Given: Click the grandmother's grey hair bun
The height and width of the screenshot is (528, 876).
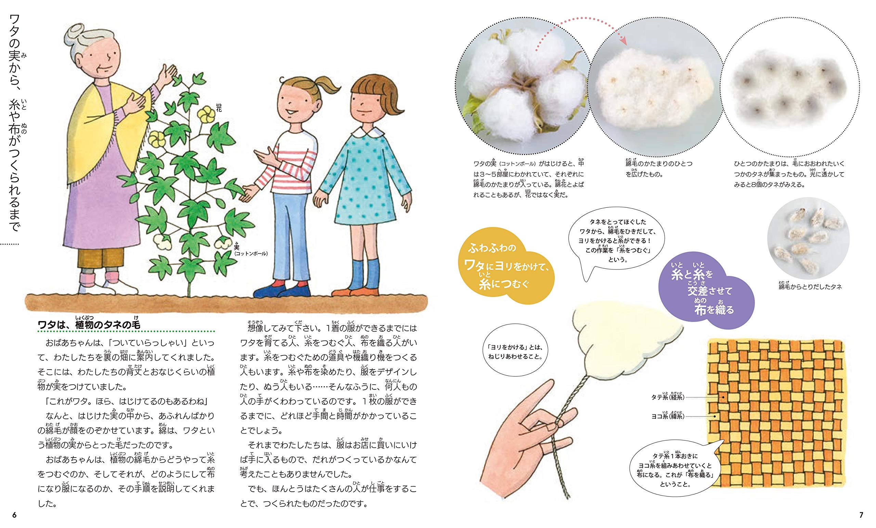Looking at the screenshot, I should [x=74, y=32].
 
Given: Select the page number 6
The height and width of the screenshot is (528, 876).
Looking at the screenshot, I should [x=14, y=515].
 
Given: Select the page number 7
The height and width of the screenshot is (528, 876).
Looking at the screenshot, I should [x=861, y=515].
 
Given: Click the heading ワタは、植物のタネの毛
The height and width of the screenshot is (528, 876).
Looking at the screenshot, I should [x=89, y=324].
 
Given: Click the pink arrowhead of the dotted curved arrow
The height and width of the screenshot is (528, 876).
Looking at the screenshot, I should [x=622, y=40].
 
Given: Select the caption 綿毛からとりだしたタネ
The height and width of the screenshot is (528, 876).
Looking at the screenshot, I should [x=810, y=286].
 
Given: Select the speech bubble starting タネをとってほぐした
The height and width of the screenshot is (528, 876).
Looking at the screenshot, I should [x=617, y=240].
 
